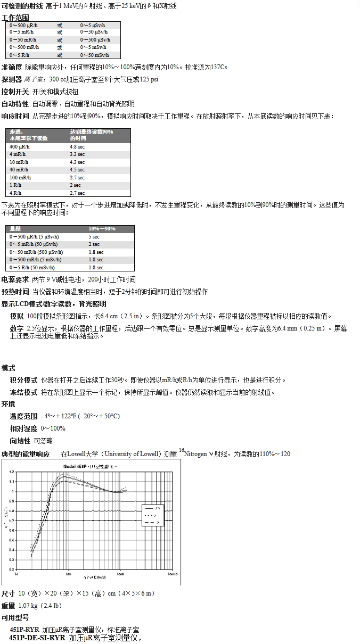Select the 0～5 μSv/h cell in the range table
click(x=93, y=25)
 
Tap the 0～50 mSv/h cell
click(x=94, y=55)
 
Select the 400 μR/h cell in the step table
click(x=20, y=146)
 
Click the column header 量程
click(x=15, y=229)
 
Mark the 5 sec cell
click(x=94, y=236)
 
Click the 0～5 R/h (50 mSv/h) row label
click(x=34, y=267)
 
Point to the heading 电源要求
click(x=15, y=279)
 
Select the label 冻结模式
click(x=23, y=392)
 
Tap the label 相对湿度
click(x=23, y=428)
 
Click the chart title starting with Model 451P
click(x=91, y=466)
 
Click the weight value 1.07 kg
click(x=29, y=606)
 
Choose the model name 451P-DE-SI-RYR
click(x=37, y=637)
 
